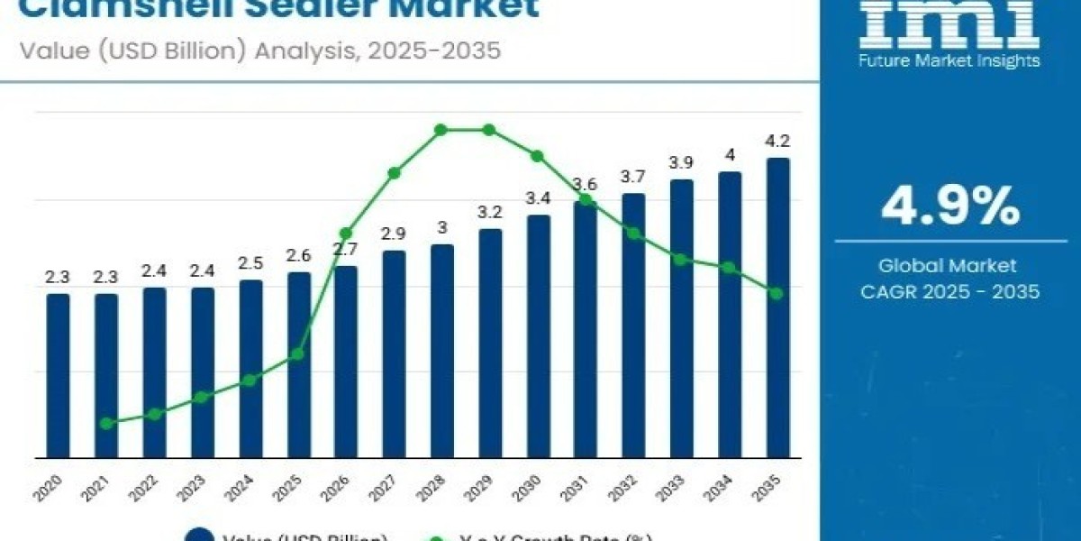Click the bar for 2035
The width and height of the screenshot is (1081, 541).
pos(777,307)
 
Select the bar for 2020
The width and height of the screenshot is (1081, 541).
pos(58,375)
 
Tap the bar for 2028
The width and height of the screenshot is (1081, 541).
pos(441,351)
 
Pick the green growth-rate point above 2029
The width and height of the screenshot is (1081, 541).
pos(489,130)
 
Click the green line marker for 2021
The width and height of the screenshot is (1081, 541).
pos(106,423)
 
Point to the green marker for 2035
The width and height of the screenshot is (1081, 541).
pos(777,293)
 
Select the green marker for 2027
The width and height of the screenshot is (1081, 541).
pos(394,172)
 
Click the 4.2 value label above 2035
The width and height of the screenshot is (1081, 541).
pos(777,141)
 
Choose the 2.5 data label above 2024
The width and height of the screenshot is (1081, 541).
pos(250,263)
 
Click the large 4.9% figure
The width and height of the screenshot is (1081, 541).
pos(950,207)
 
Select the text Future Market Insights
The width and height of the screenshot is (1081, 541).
pos(950,60)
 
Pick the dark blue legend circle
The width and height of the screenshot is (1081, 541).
pos(199,535)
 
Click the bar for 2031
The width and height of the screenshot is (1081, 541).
pos(586,329)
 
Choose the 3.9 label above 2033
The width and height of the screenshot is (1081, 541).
pos(682,162)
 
